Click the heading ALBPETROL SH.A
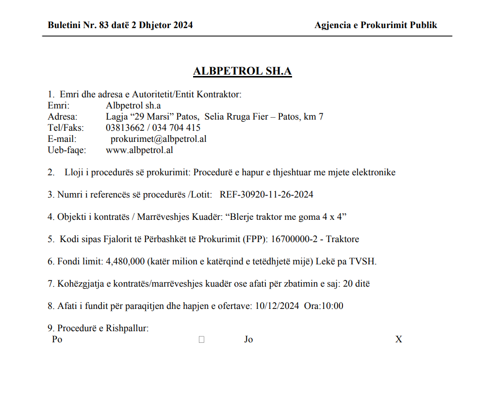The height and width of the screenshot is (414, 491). (242, 71)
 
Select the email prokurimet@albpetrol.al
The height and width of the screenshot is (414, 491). (159, 139)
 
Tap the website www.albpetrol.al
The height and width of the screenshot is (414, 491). (139, 150)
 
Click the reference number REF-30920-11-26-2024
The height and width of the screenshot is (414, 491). (266, 195)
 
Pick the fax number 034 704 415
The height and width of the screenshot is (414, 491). (177, 128)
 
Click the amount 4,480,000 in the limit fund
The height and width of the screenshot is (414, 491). (125, 261)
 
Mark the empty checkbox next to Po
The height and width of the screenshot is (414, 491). (201, 340)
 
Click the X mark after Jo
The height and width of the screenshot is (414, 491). (398, 339)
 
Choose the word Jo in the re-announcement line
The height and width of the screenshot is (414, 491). (248, 339)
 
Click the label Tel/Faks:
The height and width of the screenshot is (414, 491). (65, 128)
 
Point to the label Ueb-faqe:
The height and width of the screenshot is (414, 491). (66, 150)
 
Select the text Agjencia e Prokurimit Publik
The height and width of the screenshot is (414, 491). (376, 25)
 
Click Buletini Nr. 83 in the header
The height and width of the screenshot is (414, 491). (78, 25)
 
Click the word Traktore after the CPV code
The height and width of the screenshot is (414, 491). (343, 239)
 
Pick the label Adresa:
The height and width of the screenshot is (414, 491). (62, 117)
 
